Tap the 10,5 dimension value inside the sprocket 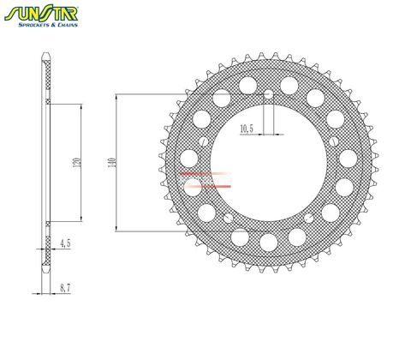click(247, 129)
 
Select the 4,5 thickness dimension click(64, 243)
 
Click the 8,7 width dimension click(64, 290)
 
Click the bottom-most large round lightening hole click(268, 243)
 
